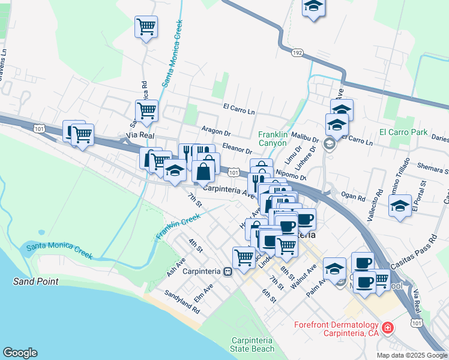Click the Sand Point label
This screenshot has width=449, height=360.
pyautogui.click(x=37, y=281)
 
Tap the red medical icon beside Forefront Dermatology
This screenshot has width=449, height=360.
pyautogui.click(x=388, y=328)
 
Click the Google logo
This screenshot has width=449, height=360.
pyautogui.click(x=20, y=353)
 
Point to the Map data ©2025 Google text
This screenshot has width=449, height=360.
pyautogui.click(x=412, y=355)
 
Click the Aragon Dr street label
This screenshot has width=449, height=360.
pyautogui.click(x=215, y=131)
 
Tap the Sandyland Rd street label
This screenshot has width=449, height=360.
pyautogui.click(x=182, y=304)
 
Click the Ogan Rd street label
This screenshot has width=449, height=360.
pyautogui.click(x=352, y=195)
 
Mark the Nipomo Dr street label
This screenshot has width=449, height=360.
pyautogui.click(x=291, y=174)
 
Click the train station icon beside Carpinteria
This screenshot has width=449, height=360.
pyautogui.click(x=228, y=271)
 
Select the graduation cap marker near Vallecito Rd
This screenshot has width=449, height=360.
pyautogui.click(x=400, y=206)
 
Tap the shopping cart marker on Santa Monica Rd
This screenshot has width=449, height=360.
pyautogui.click(x=146, y=110)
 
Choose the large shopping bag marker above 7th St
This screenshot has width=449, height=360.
pyautogui.click(x=204, y=171)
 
